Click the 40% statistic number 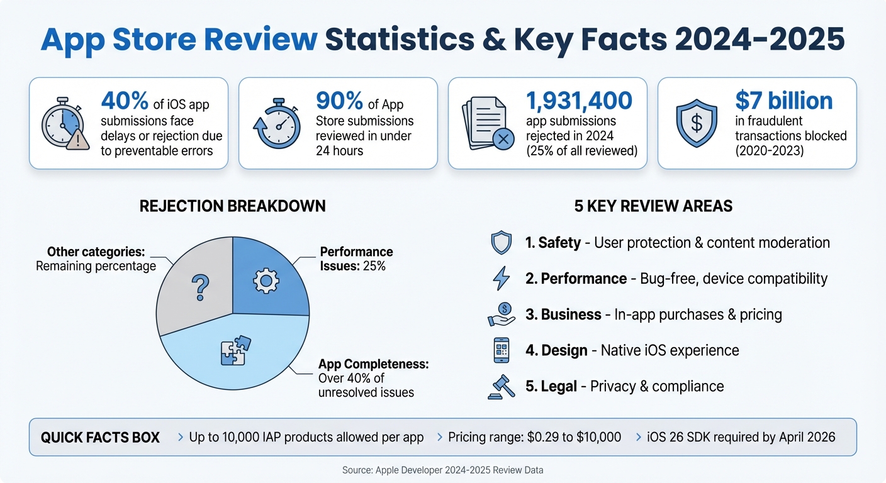(125, 100)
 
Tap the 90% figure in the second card (340, 100)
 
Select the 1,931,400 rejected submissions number (579, 100)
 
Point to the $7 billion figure (783, 101)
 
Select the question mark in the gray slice (199, 287)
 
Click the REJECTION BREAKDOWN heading (233, 206)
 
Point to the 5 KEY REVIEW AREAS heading (653, 206)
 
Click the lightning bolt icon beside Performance (502, 279)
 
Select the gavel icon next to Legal (501, 386)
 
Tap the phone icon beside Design (502, 350)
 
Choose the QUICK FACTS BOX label (100, 437)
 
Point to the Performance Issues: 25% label (356, 259)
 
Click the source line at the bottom (442, 470)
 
